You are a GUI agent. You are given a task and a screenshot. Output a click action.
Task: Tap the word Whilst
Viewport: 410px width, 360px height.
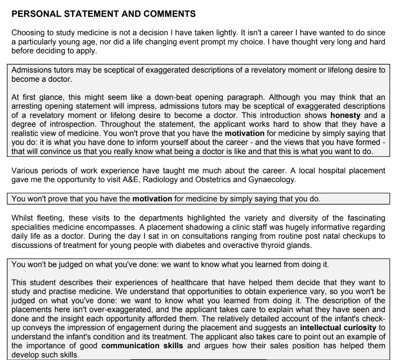pos(20,218)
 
